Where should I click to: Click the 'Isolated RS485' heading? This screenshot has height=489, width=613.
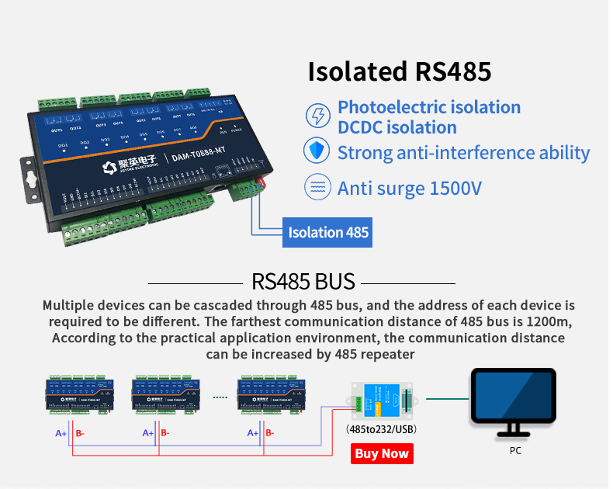click(400, 71)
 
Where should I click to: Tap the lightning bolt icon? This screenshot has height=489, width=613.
click(317, 116)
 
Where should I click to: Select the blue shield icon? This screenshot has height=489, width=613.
click(317, 151)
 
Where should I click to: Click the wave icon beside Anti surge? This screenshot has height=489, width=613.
click(317, 187)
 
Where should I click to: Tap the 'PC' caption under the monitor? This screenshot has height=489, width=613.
click(515, 449)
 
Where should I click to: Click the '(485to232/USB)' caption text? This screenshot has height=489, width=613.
click(380, 429)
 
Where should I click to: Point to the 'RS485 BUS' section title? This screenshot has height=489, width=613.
click(303, 281)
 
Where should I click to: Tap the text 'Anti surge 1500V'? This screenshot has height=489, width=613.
click(410, 188)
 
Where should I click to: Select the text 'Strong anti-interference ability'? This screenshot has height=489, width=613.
click(463, 152)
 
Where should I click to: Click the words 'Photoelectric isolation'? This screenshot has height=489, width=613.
click(429, 108)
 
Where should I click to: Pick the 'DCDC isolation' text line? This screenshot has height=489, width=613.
click(397, 127)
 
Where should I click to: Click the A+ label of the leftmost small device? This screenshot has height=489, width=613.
click(61, 433)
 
